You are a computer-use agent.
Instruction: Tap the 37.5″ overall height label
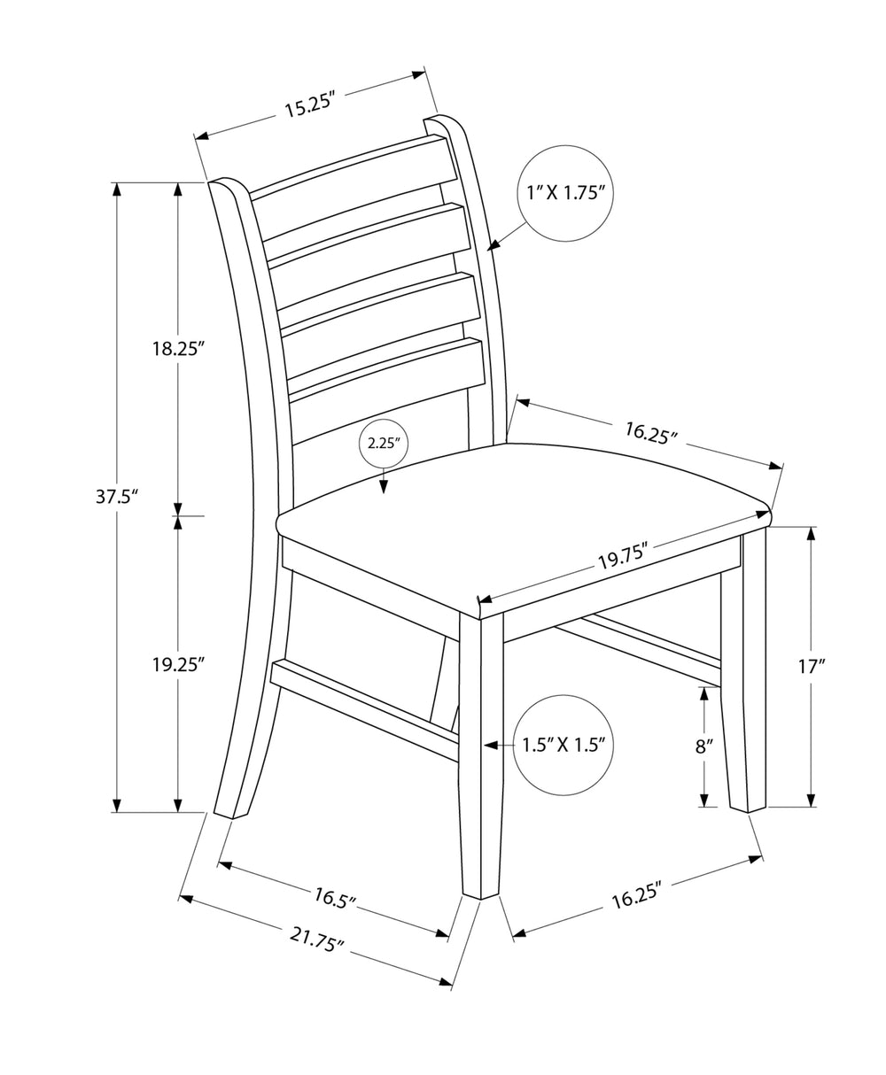117,497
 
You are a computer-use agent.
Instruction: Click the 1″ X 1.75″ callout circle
564,194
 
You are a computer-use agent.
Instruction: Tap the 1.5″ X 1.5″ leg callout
563,745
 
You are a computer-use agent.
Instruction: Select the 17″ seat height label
812,667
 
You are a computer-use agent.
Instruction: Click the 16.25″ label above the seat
650,432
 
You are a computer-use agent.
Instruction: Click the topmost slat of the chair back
354,168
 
